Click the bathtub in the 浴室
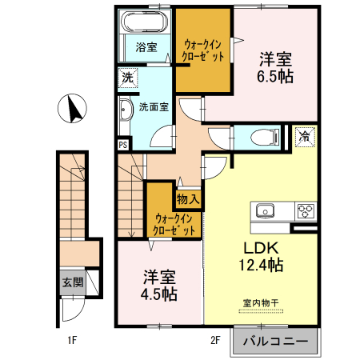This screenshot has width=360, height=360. pos(145,23)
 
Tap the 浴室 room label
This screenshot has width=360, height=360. pos(146,46)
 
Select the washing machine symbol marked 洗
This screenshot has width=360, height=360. pos(127,78)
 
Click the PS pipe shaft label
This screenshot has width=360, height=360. pos(123,145)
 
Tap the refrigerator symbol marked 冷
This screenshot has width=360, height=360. pos(304,136)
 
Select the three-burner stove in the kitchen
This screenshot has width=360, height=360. pos(306,211)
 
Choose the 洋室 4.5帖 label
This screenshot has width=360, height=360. pos(159,285)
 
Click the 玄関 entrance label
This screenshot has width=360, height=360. pos(71,282)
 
